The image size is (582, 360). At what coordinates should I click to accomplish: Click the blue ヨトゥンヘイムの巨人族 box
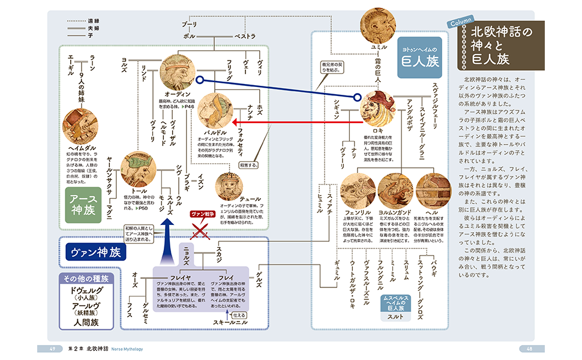click(420, 58)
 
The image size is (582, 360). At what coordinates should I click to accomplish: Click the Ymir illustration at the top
click(377, 25)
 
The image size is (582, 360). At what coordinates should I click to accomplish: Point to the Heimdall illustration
click(79, 125)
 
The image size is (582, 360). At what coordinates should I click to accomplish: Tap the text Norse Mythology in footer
click(124, 349)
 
